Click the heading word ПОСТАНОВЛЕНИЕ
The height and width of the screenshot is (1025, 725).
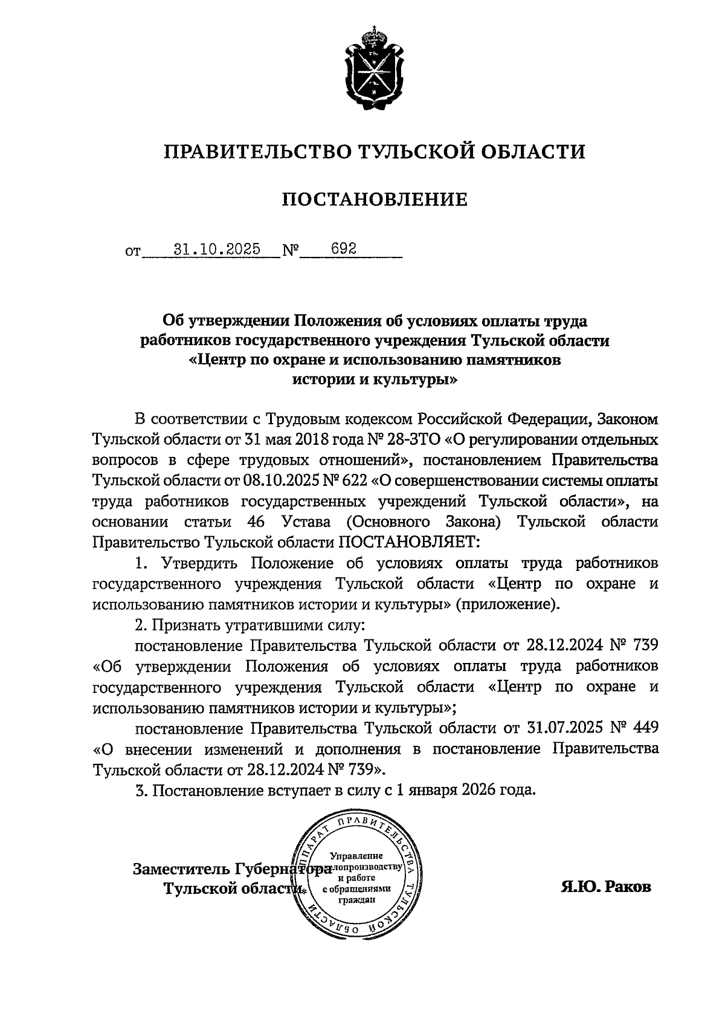pos(375,199)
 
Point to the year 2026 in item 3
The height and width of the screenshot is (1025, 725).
pos(480,789)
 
